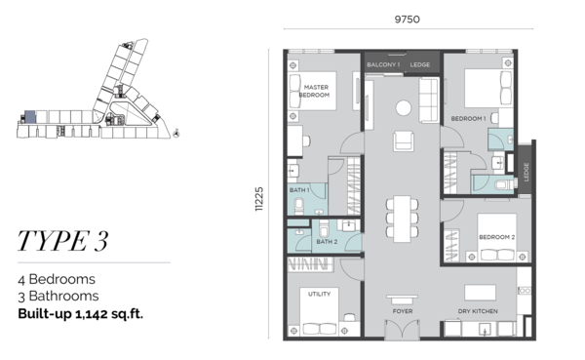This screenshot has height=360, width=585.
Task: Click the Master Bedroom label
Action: [315, 91]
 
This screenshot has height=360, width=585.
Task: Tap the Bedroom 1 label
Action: [468, 119]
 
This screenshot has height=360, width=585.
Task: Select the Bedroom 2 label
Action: [497, 237]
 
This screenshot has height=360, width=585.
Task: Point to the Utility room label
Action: [320, 294]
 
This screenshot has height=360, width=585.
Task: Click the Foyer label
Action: [403, 311]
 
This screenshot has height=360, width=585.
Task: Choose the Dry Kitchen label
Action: [478, 311]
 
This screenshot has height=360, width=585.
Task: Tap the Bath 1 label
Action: [299, 190]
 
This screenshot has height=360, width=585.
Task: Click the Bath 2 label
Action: [327, 242]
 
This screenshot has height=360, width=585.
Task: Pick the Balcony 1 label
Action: [383, 64]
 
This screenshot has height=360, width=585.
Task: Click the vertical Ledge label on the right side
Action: [526, 172]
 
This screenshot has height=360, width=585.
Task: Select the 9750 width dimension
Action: [408, 20]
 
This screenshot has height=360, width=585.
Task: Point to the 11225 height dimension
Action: [259, 199]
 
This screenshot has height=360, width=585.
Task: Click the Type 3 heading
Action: [63, 241]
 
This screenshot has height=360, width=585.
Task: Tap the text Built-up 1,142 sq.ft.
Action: [81, 314]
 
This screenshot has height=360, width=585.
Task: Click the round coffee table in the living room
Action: [404, 108]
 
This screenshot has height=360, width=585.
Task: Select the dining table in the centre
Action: [402, 219]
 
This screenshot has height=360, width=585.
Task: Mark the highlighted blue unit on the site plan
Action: [30, 117]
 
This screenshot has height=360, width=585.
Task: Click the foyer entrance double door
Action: [402, 329]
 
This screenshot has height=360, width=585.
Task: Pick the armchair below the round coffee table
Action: [404, 140]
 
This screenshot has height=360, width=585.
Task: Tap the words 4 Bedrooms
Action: [57, 279]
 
